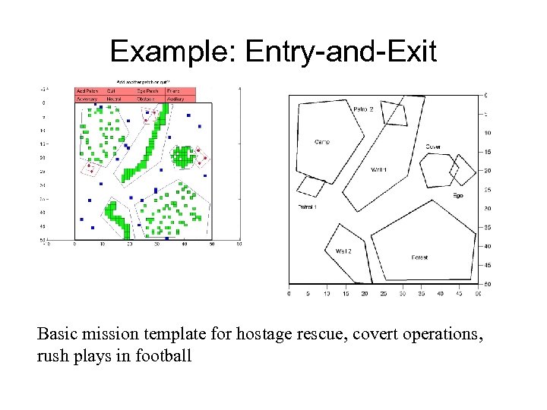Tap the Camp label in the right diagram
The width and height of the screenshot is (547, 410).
322,142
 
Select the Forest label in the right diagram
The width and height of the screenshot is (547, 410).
419,257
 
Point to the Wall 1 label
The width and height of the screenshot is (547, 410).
378,169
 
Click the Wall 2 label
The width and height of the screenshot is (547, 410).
343,251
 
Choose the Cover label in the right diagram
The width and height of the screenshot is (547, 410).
433,147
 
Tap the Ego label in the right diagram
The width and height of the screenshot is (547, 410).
458,195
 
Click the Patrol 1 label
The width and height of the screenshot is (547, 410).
307,207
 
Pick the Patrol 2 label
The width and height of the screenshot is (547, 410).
363,109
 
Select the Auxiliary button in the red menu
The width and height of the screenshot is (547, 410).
175,99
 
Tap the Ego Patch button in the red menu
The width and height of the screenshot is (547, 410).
147,91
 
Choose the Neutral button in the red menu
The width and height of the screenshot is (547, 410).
115,99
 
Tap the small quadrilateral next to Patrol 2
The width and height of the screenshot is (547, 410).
394,112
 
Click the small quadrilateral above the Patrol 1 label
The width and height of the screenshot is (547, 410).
311,186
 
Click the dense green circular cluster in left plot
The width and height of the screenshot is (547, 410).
183,156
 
